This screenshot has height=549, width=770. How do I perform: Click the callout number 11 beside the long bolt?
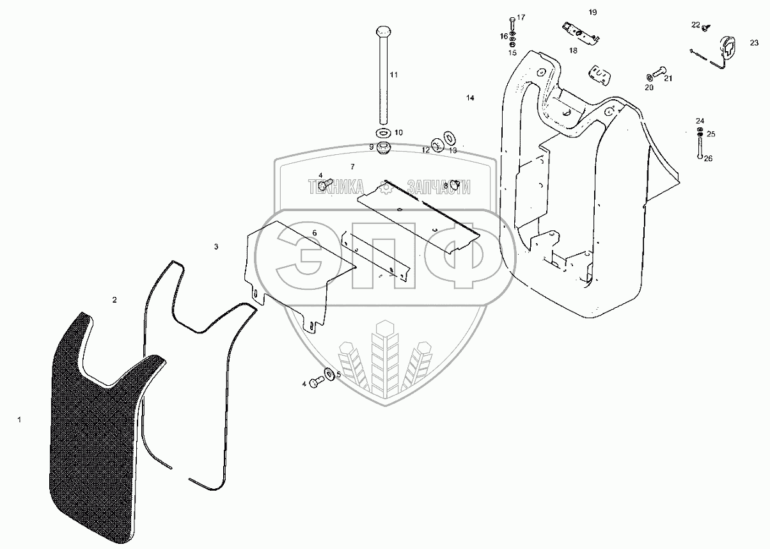(394, 75)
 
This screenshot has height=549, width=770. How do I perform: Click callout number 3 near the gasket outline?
(216, 246)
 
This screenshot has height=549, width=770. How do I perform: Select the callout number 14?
(470, 98)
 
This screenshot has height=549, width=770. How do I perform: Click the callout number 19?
(593, 13)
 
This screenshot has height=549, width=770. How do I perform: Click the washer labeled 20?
(649, 77)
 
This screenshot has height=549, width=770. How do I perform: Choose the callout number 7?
(352, 166)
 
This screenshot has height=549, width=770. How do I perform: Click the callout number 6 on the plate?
(315, 232)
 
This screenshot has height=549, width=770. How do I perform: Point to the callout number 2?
(114, 299)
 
